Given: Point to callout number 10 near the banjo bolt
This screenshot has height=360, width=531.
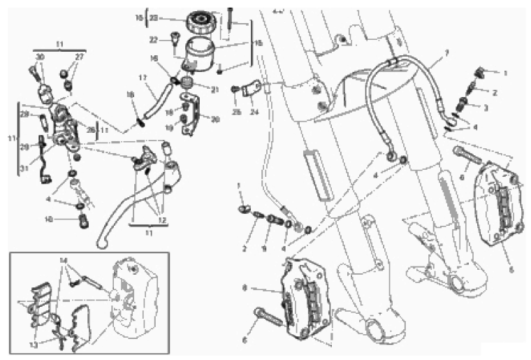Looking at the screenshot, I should coord(68,219).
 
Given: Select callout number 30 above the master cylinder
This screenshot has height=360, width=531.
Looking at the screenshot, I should coord(40,57).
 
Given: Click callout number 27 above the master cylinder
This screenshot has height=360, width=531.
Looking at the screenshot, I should coord(79,57).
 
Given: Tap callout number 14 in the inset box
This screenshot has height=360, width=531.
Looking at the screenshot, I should coord(64,260).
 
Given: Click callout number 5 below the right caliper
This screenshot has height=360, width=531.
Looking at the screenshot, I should coord(510,268).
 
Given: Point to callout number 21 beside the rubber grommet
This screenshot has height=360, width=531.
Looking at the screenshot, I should coord(215,89).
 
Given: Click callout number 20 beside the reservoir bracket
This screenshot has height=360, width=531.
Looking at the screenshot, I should coord(215,119).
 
